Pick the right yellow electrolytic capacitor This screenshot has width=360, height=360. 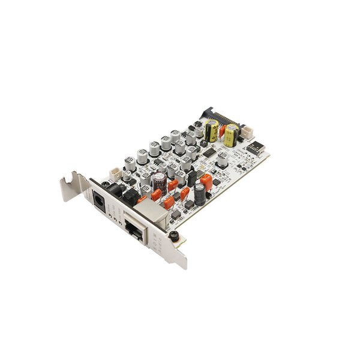[230, 135]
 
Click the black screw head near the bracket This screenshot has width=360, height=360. [175, 236]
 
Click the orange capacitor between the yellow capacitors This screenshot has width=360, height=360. [221, 130]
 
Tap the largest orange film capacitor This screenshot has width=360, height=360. [206, 181]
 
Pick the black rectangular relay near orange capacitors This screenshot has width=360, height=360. [191, 177]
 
